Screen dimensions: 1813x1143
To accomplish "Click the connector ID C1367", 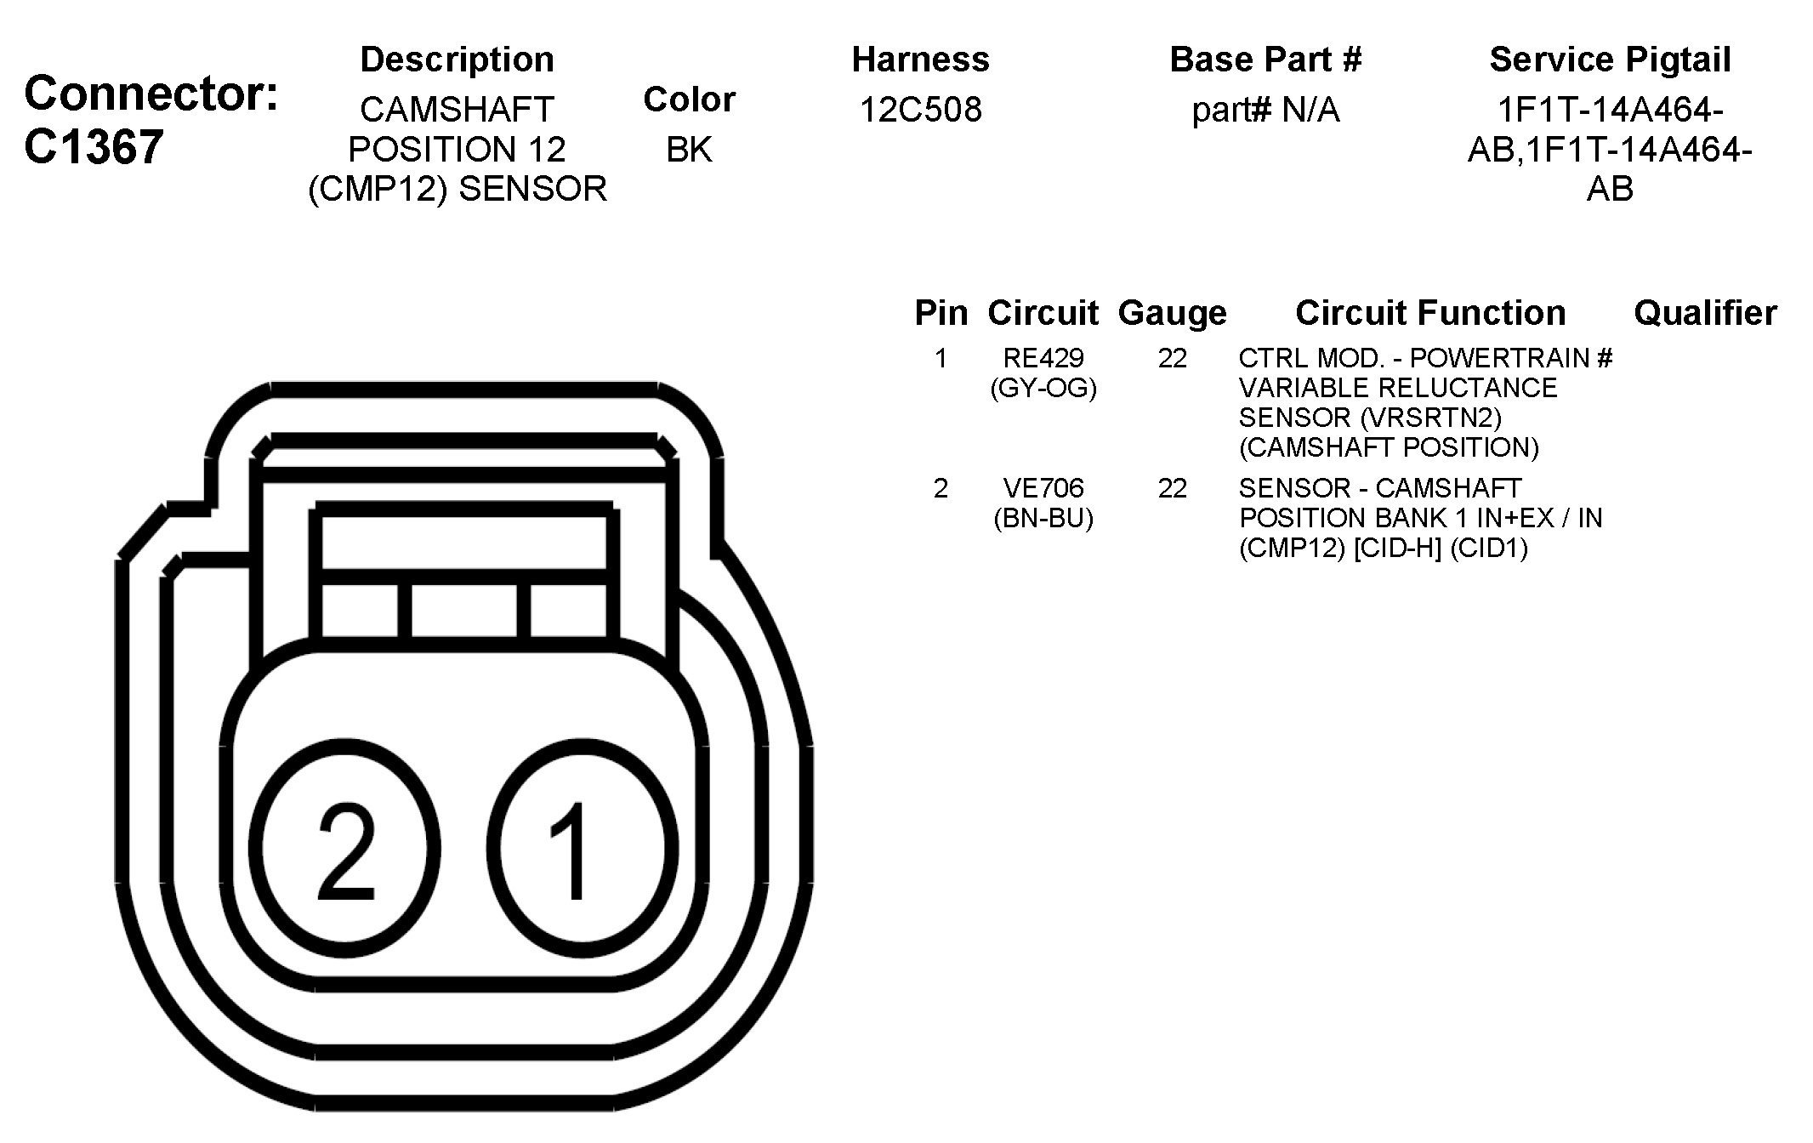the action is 94,147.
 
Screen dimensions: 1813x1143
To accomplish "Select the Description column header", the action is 458,60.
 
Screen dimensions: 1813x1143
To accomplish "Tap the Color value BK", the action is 689,150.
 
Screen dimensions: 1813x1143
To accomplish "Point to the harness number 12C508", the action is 921,110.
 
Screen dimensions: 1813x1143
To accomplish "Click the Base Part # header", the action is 1265,60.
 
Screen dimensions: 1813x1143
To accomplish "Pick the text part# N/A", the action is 1265,111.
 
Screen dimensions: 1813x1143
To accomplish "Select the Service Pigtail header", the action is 1610,60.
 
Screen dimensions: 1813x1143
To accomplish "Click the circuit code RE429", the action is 1043,358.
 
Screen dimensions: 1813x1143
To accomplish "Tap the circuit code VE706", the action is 1043,488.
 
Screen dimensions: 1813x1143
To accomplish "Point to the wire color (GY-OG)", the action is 1043,389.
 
